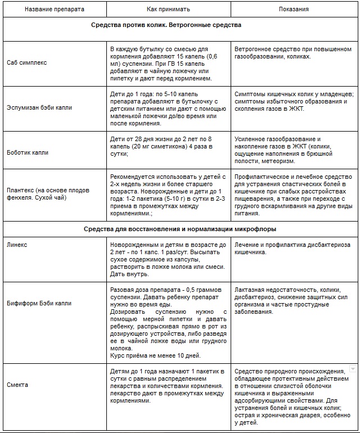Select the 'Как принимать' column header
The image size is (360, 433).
point(168,9)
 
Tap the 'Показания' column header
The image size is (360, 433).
point(294,9)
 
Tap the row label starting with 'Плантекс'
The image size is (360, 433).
point(48,194)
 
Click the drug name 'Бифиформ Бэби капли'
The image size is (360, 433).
point(39,303)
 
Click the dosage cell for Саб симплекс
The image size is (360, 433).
point(168,64)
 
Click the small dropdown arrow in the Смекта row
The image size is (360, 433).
point(353,369)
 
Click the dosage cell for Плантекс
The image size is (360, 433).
point(168,194)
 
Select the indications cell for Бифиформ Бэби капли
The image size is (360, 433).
point(293,300)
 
